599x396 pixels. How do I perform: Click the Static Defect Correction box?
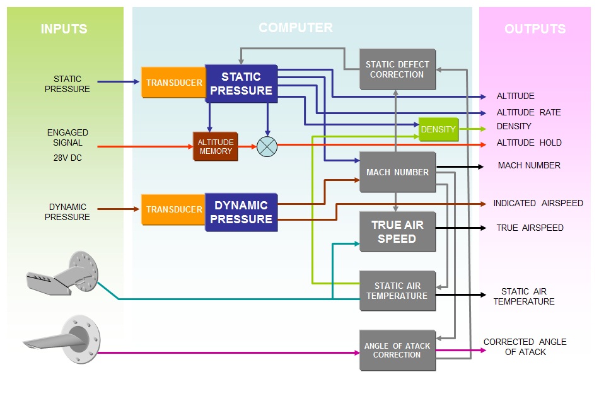(397, 69)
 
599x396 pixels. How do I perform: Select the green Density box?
(438, 129)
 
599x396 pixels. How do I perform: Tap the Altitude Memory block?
(216, 146)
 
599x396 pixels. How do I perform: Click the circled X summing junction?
(267, 146)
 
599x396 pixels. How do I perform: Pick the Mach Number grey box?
(397, 172)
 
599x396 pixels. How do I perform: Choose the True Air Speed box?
(397, 231)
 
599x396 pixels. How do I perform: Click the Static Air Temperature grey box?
(397, 291)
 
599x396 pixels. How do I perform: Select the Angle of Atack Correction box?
(397, 350)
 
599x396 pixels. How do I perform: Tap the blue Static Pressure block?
(241, 83)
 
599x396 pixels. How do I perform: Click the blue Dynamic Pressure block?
(241, 213)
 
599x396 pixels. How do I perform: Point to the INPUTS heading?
(64, 29)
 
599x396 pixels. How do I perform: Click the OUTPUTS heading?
(535, 29)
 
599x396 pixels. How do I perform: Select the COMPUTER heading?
(296, 28)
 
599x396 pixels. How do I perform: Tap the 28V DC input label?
(67, 158)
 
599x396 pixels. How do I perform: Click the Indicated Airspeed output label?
(538, 203)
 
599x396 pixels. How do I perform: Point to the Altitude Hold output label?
(528, 143)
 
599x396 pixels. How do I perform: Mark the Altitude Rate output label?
(528, 113)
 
